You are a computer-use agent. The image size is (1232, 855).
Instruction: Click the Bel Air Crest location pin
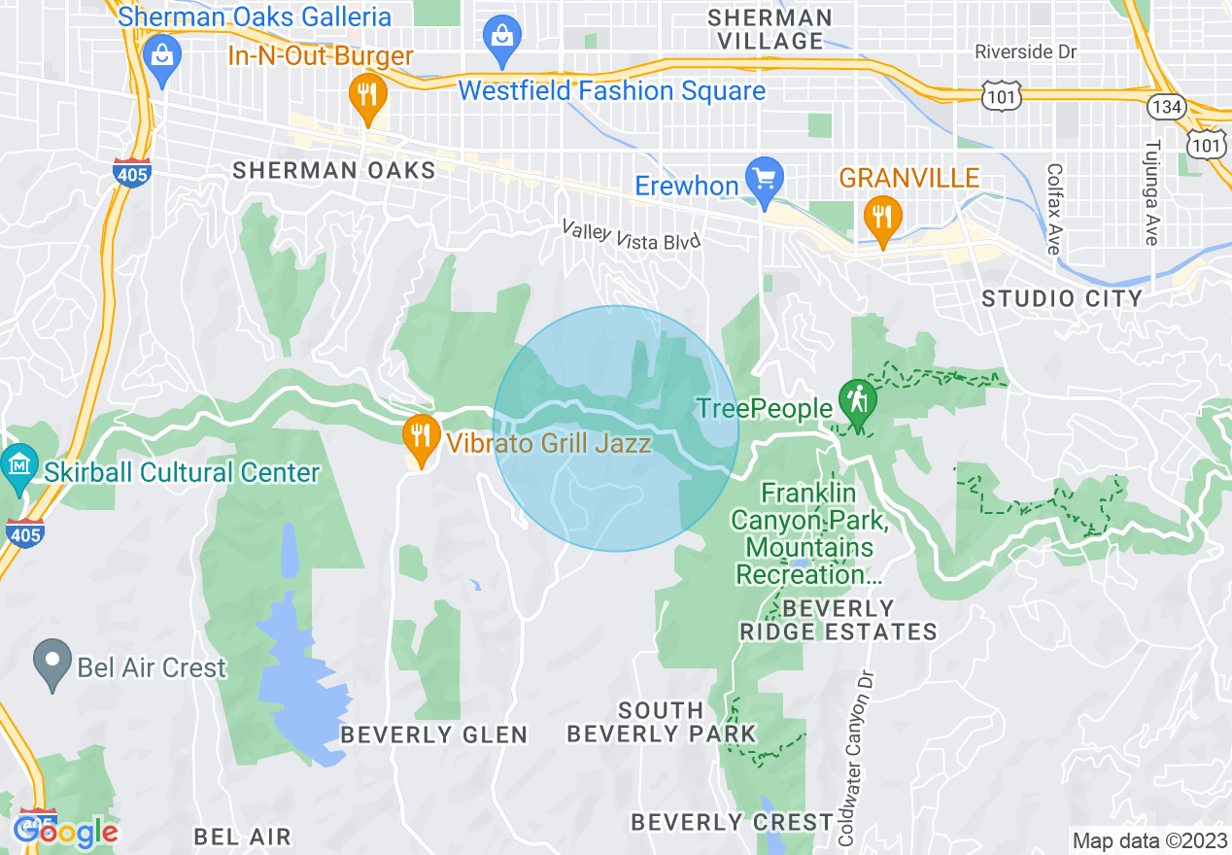pyautogui.click(x=51, y=664)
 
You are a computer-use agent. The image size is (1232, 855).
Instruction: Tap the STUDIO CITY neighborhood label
pyautogui.click(x=1061, y=298)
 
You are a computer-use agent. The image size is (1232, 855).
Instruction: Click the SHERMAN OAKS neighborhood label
pyautogui.click(x=333, y=171)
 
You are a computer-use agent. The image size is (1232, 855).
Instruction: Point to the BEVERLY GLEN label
pyautogui.click(x=433, y=735)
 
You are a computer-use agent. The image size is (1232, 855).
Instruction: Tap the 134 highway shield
pyautogui.click(x=1164, y=105)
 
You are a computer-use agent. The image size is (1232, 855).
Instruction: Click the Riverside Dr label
pyautogui.click(x=1026, y=52)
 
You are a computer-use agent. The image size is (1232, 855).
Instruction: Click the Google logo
pyautogui.click(x=66, y=832)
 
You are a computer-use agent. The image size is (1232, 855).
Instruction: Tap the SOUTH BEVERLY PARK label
pyautogui.click(x=661, y=722)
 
